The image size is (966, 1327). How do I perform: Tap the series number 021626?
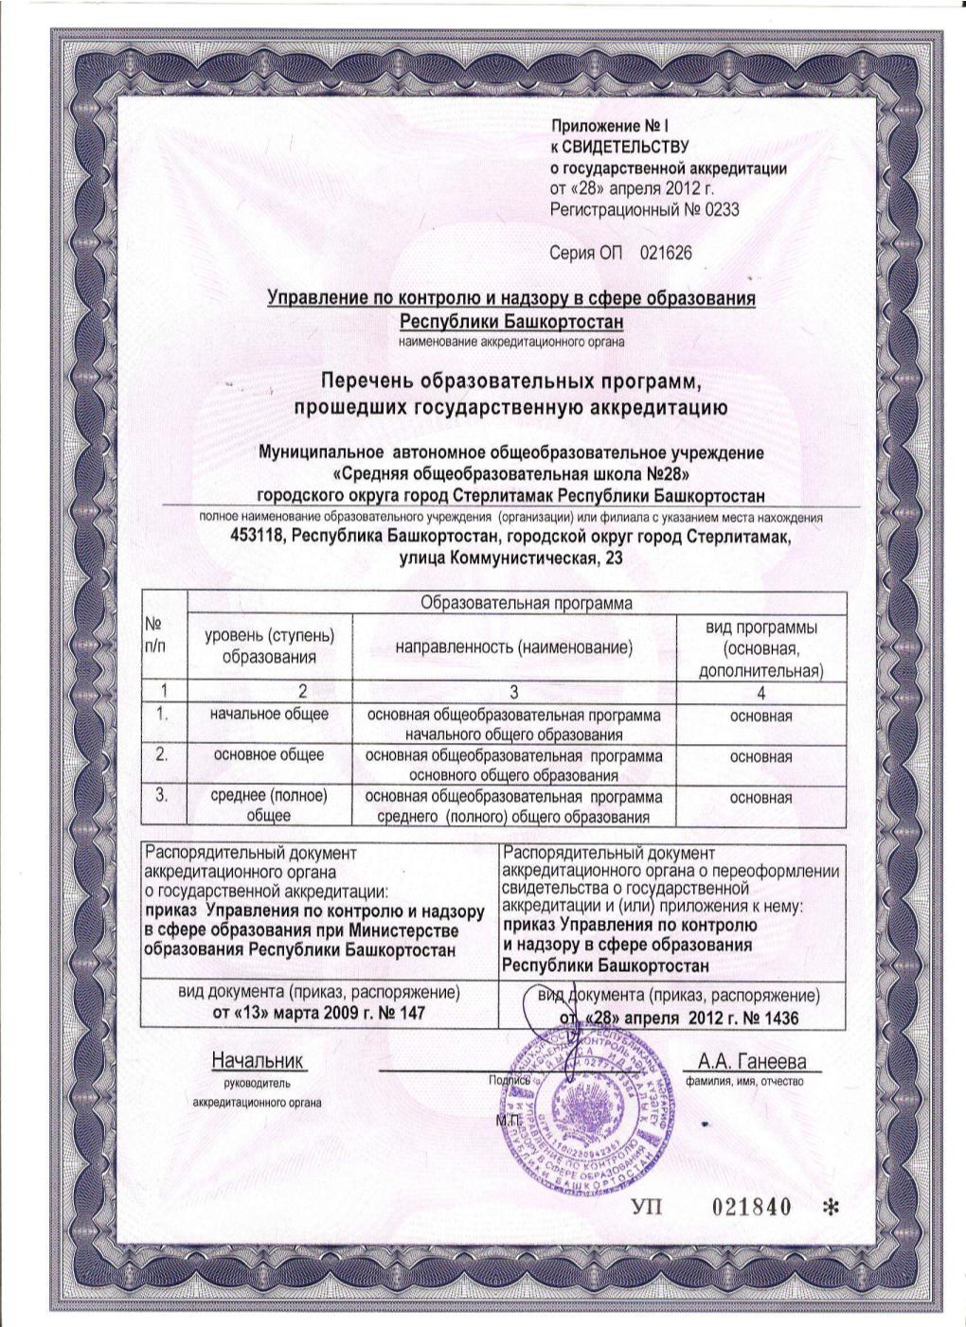click(666, 254)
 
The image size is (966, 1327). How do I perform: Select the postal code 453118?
click(260, 538)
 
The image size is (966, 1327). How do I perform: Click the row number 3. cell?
click(162, 796)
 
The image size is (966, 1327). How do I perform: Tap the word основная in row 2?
click(760, 757)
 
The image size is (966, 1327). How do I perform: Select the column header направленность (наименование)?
click(513, 648)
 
